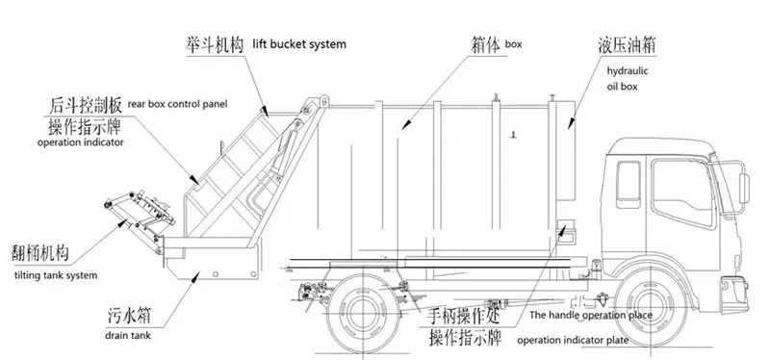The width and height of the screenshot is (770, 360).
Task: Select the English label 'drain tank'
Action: point(128,338)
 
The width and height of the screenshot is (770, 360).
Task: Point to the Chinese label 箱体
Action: point(484,44)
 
